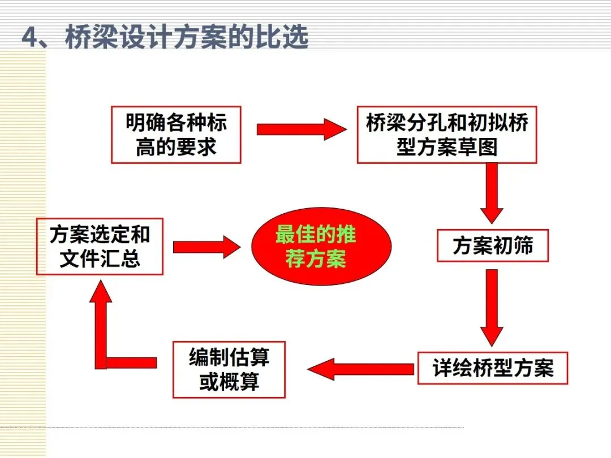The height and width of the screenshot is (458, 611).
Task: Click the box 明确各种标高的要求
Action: pyautogui.click(x=176, y=135)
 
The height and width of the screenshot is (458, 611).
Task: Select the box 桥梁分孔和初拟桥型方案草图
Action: pyautogui.click(x=446, y=135)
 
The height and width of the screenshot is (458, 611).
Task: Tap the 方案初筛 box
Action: pyautogui.click(x=492, y=246)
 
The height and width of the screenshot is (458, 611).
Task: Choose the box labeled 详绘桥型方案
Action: pyautogui.click(x=492, y=368)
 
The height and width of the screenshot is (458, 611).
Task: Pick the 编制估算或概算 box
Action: pyautogui.click(x=229, y=369)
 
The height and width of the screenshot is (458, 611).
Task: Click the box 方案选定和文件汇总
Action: pyautogui.click(x=100, y=247)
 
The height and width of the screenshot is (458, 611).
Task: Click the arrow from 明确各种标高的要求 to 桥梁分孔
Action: pyautogui.click(x=300, y=129)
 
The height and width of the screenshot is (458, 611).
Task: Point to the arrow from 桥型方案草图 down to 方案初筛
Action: pyautogui.click(x=492, y=192)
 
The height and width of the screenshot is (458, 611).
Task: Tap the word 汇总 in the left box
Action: pyautogui.click(x=120, y=260)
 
